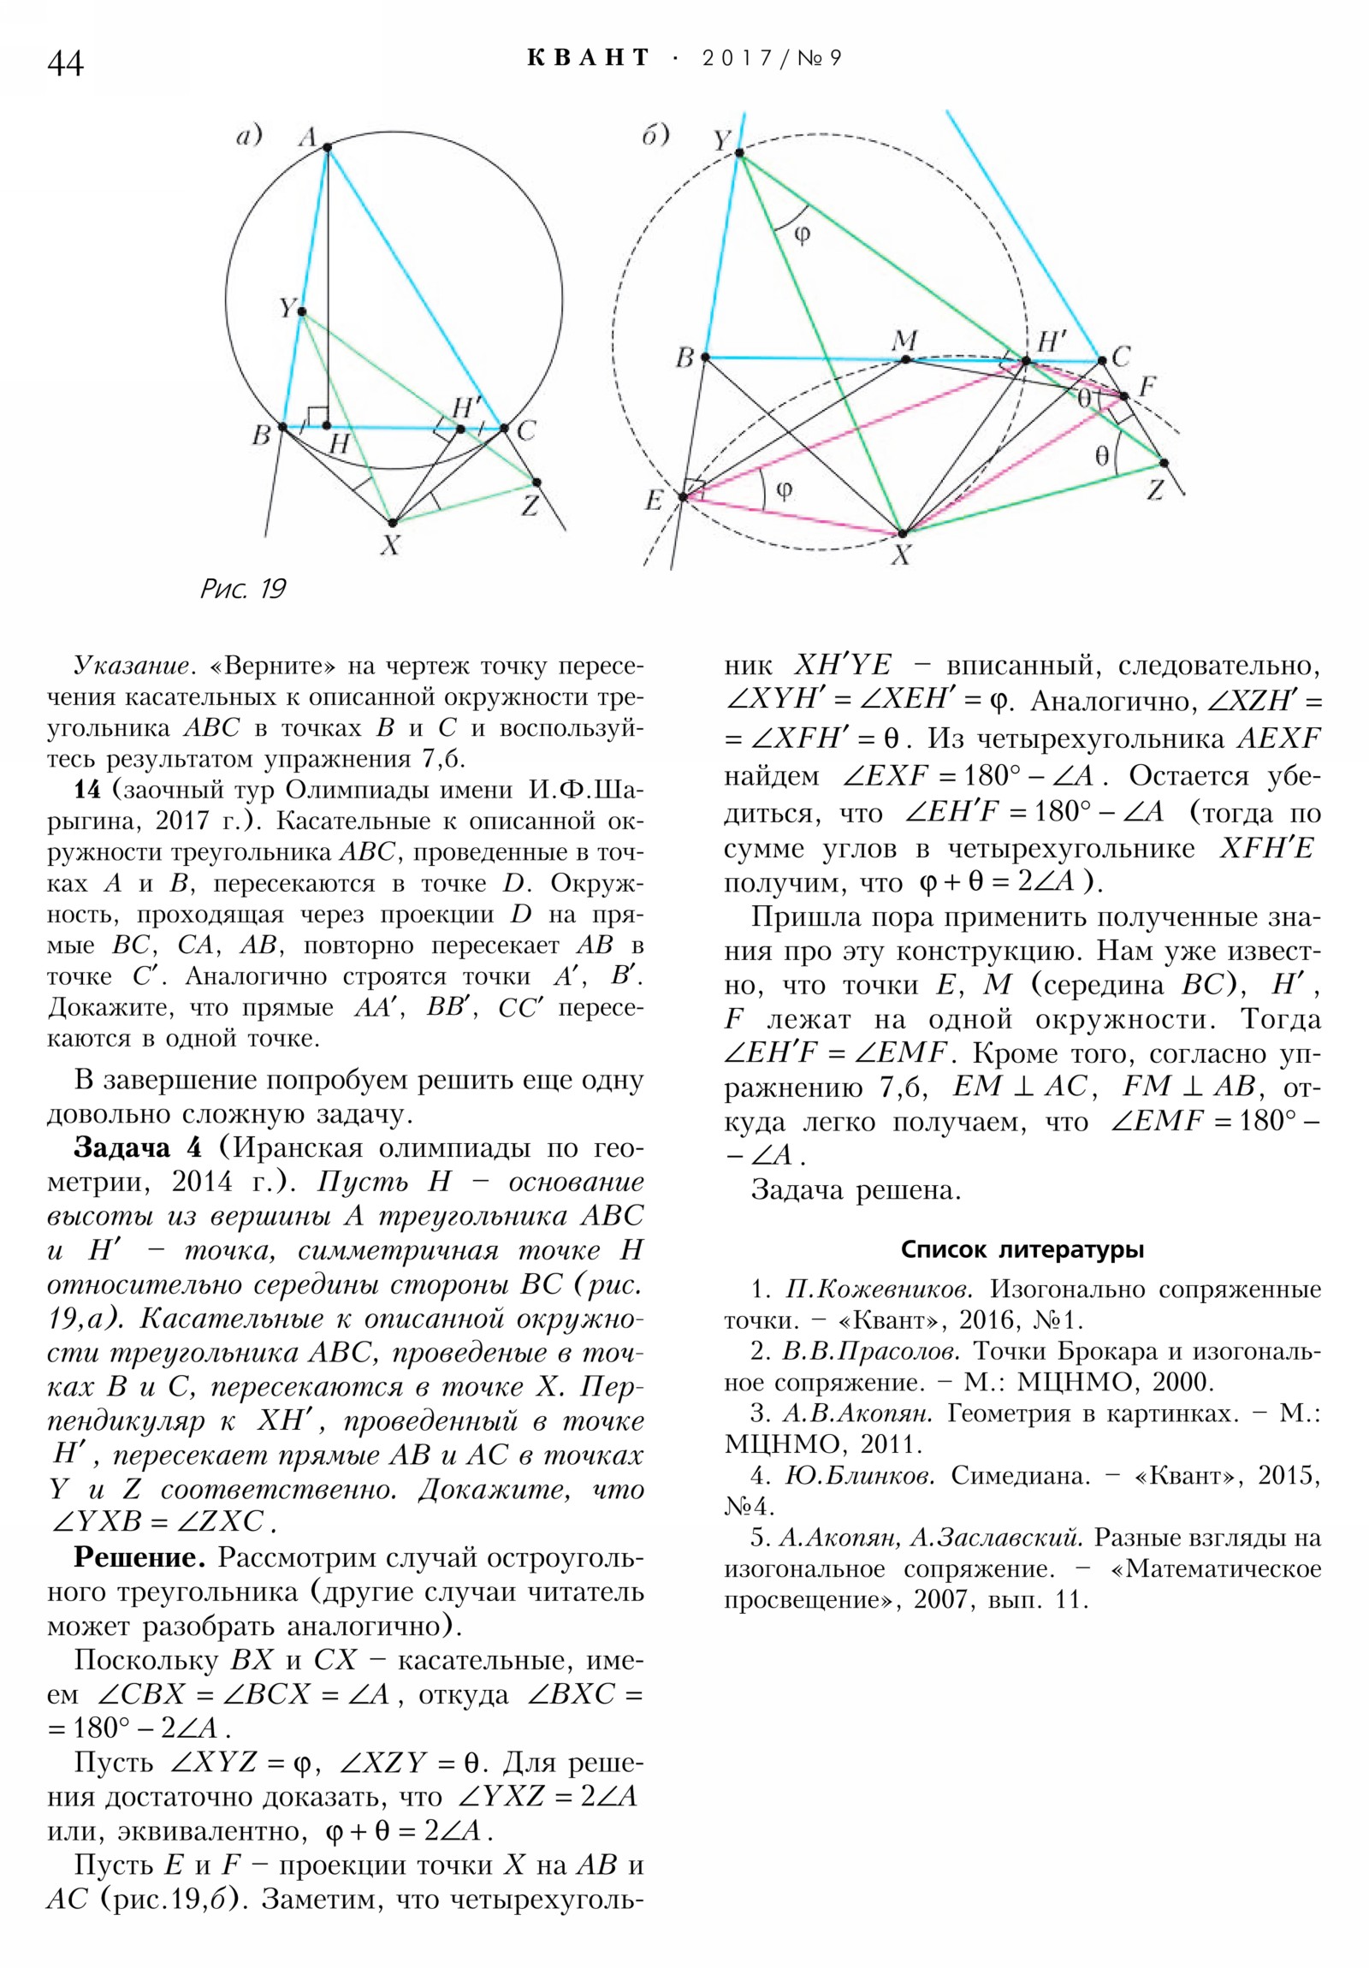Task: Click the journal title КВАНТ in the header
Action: click(x=588, y=57)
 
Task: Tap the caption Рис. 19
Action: click(x=243, y=589)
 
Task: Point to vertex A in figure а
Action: click(x=328, y=147)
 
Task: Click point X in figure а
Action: click(x=392, y=522)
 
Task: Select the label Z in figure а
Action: click(x=530, y=507)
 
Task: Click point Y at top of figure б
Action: click(x=739, y=154)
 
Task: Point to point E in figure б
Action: click(x=683, y=496)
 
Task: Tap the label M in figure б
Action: click(x=904, y=341)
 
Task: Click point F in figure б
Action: click(x=1123, y=396)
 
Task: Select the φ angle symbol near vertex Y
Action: click(x=803, y=234)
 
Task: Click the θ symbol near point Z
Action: click(x=1102, y=455)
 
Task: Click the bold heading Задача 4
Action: click(x=138, y=1147)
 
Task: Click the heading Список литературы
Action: click(x=1022, y=1250)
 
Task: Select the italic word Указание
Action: click(x=131, y=665)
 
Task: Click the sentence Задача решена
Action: click(x=856, y=1189)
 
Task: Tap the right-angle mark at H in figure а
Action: click(x=317, y=417)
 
